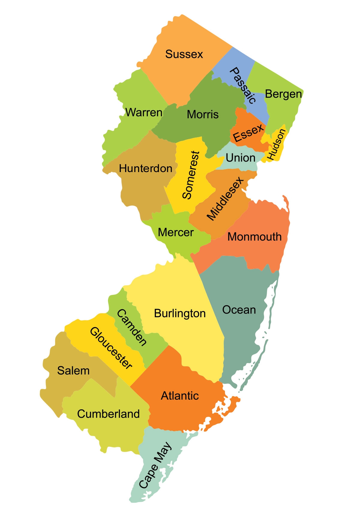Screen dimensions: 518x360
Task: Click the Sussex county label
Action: click(184, 54)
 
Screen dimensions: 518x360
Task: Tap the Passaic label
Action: click(243, 86)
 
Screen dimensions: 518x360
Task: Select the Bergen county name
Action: click(283, 94)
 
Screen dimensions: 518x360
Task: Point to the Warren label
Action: click(144, 113)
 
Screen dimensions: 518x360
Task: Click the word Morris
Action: click(203, 114)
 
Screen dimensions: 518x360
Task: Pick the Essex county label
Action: click(249, 133)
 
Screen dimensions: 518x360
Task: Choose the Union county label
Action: click(240, 158)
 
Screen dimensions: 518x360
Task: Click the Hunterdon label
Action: click(145, 168)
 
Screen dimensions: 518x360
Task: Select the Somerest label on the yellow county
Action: click(191, 175)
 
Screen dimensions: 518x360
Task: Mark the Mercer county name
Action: click(175, 232)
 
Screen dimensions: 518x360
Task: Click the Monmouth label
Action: click(254, 237)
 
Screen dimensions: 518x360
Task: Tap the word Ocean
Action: click(239, 310)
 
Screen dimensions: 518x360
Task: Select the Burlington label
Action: click(180, 314)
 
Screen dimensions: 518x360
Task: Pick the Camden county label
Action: click(132, 327)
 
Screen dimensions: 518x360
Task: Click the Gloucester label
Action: click(111, 348)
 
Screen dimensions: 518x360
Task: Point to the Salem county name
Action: click(73, 371)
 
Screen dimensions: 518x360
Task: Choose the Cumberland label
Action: click(108, 414)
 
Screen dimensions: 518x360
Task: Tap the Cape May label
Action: click(155, 465)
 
